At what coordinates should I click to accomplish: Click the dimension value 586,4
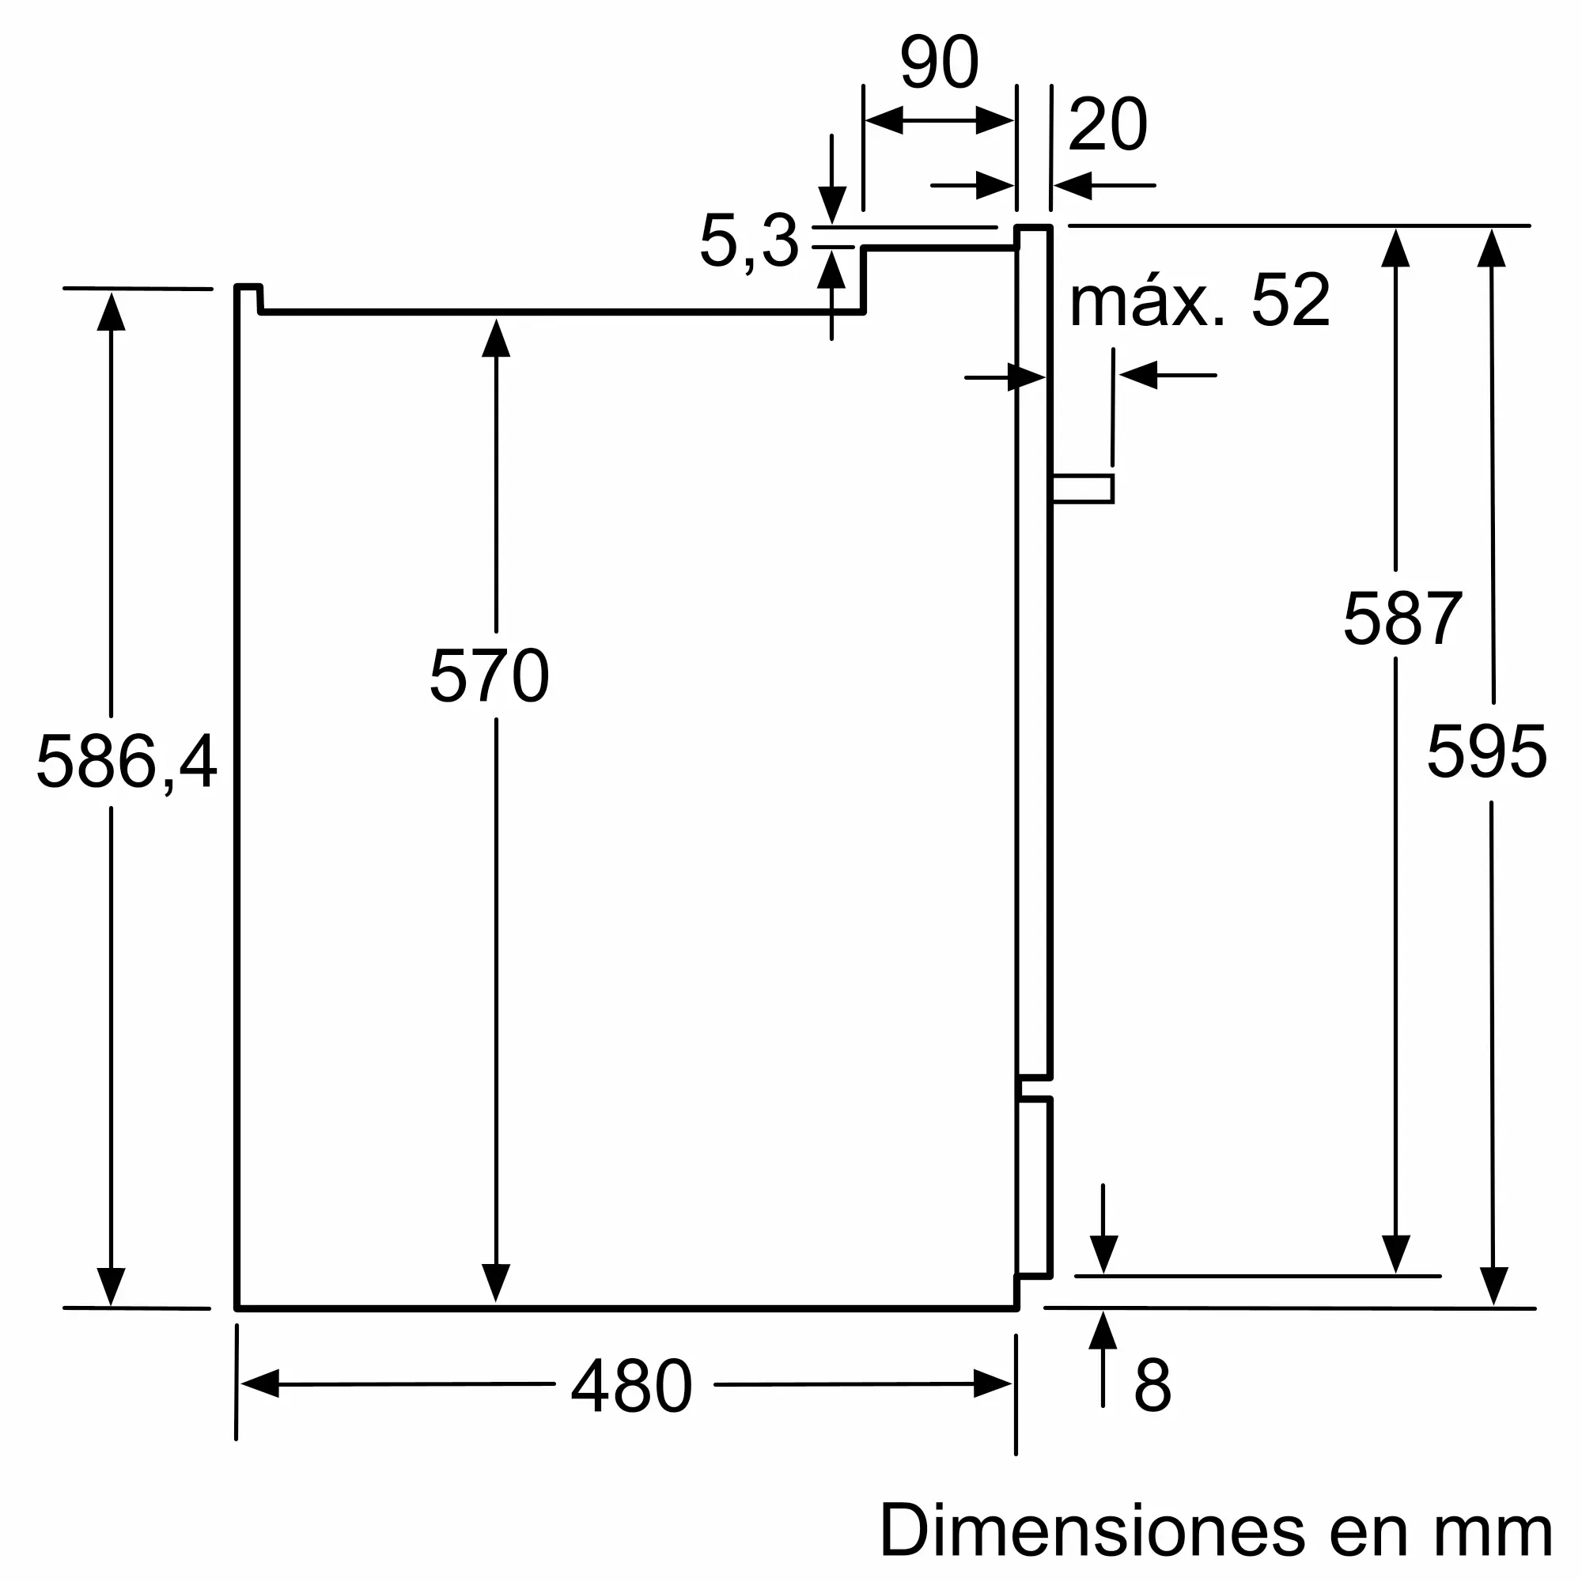click(126, 763)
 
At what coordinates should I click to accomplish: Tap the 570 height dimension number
click(489, 676)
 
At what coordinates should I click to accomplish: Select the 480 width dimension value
click(632, 1386)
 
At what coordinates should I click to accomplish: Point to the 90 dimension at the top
click(939, 62)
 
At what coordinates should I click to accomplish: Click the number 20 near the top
click(1108, 124)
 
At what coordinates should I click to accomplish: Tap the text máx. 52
click(1200, 300)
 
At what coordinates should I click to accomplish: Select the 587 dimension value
click(1402, 619)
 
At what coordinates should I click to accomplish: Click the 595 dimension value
click(1487, 751)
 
